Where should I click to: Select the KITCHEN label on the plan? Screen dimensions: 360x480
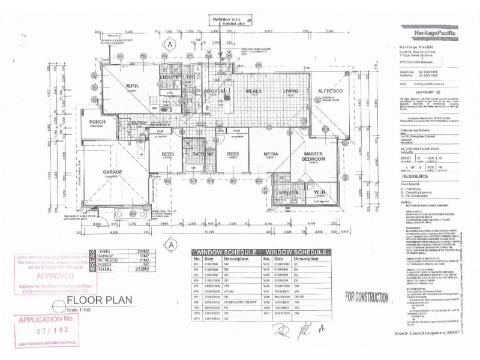214,91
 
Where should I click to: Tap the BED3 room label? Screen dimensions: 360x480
168,154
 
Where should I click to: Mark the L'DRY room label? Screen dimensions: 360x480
189,77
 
